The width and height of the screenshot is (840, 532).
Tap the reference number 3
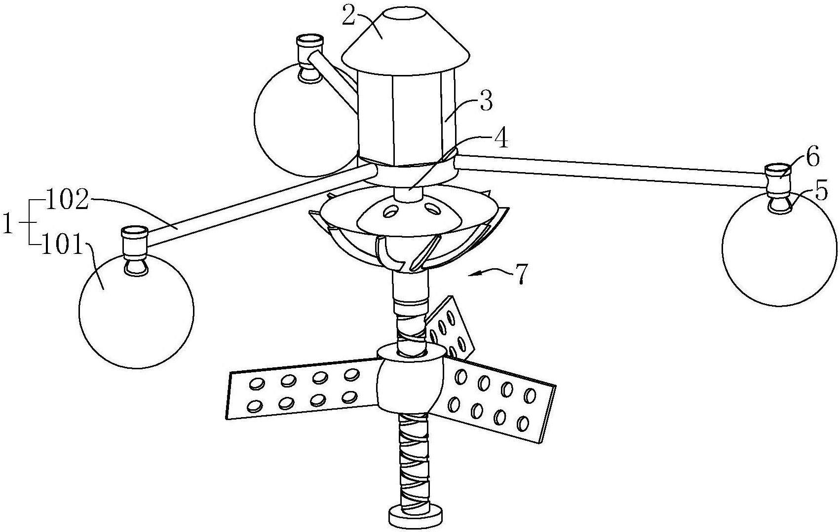coord(486,101)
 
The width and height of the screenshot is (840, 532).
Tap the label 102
coord(68,202)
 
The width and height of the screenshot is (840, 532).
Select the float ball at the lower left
coord(137,310)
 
